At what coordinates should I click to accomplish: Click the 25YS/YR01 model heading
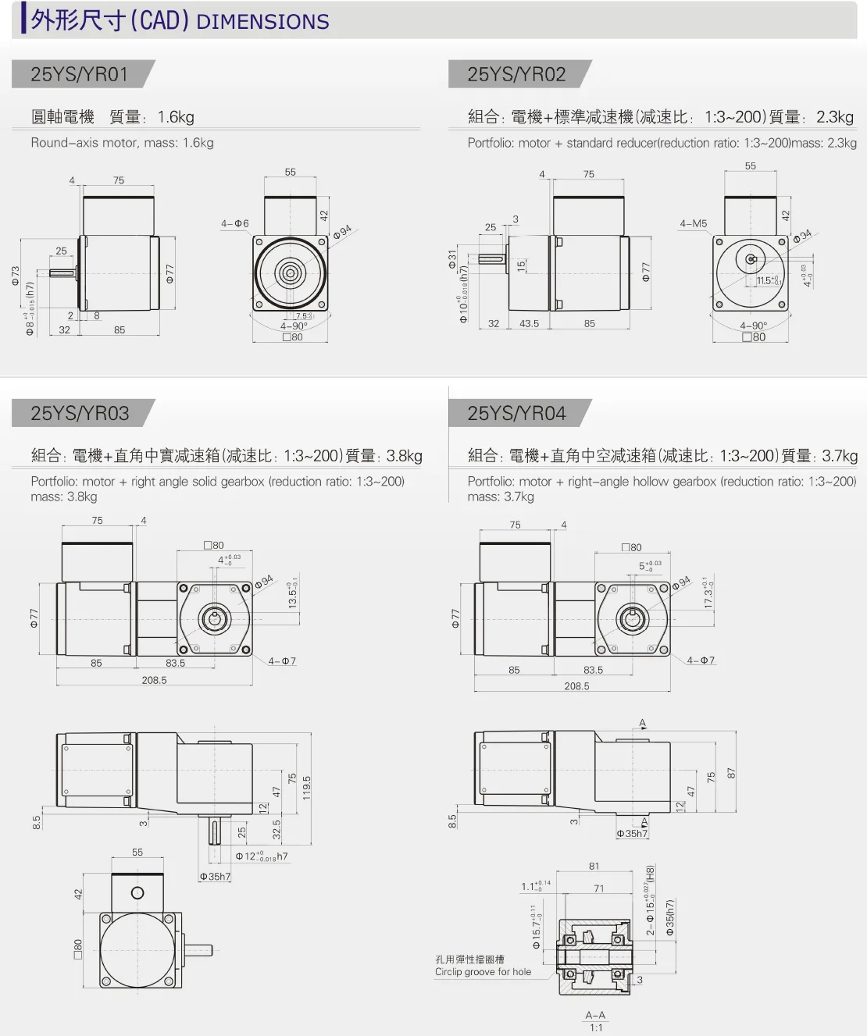(x=79, y=74)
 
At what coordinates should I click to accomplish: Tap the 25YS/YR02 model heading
(x=516, y=74)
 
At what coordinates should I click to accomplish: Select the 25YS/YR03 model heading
(x=80, y=413)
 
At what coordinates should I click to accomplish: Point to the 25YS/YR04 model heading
(x=516, y=413)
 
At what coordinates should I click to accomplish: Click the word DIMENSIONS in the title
(x=262, y=22)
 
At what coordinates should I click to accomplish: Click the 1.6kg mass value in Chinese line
(x=176, y=117)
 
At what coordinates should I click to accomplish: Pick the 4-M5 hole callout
(x=693, y=224)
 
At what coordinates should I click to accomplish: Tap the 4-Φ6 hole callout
(x=234, y=224)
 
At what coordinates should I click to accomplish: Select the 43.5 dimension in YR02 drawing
(x=529, y=323)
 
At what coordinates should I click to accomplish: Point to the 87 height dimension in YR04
(x=731, y=773)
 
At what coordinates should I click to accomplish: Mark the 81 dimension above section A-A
(x=594, y=866)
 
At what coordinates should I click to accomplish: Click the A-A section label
(x=595, y=1015)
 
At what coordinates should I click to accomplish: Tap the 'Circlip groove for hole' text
(x=483, y=972)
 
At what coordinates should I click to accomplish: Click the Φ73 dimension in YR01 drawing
(x=16, y=276)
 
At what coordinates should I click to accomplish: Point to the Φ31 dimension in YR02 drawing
(x=452, y=259)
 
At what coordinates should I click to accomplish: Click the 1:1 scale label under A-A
(x=596, y=1027)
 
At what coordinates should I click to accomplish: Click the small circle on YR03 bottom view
(x=137, y=893)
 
